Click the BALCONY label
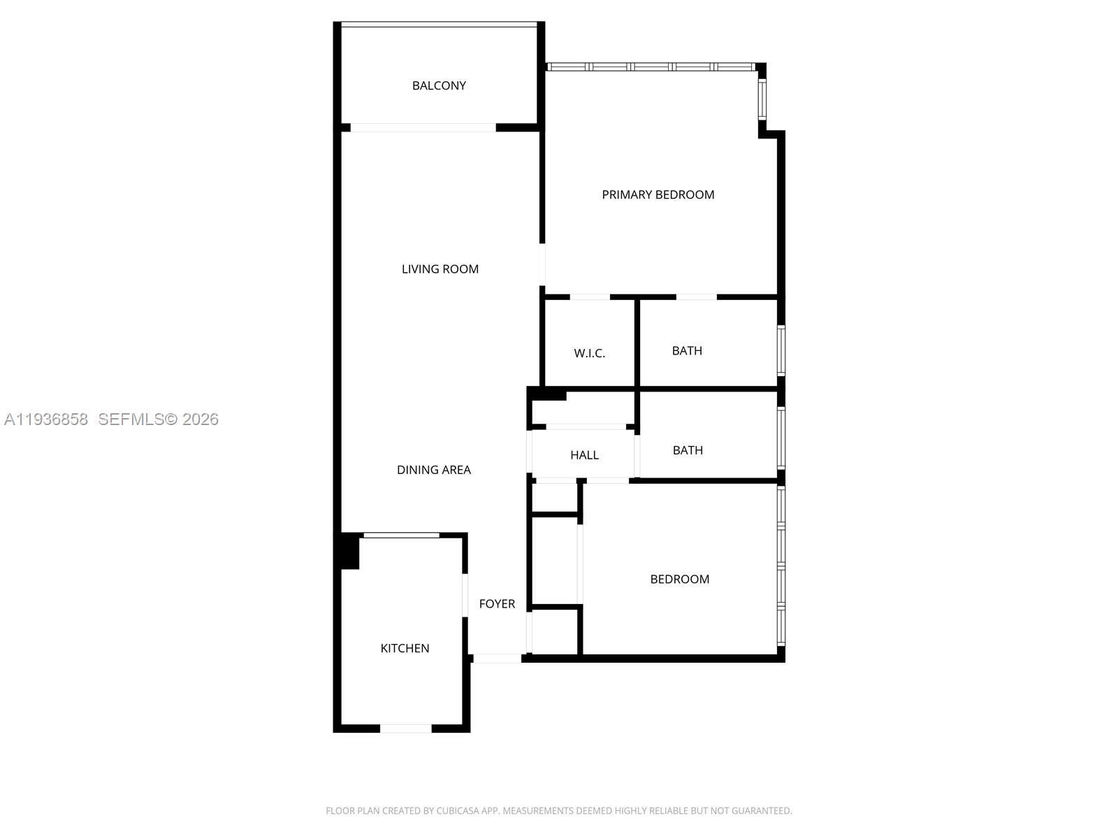pyautogui.click(x=439, y=85)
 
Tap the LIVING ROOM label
pyautogui.click(x=440, y=268)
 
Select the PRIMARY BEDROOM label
pyautogui.click(x=658, y=194)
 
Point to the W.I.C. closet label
pyautogui.click(x=589, y=353)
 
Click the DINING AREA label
pyautogui.click(x=434, y=470)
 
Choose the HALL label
pyautogui.click(x=584, y=455)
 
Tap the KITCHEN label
pyautogui.click(x=405, y=648)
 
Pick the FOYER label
pyautogui.click(x=497, y=603)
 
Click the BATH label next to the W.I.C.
pyautogui.click(x=687, y=350)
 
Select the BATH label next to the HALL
pyautogui.click(x=688, y=450)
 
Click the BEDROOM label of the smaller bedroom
pyautogui.click(x=679, y=579)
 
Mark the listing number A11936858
pyautogui.click(x=46, y=419)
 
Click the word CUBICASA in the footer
pyautogui.click(x=456, y=811)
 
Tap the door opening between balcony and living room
pyautogui.click(x=423, y=128)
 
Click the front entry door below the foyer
pyautogui.click(x=498, y=659)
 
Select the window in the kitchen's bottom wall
pyautogui.click(x=405, y=729)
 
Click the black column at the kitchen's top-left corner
pyautogui.click(x=349, y=551)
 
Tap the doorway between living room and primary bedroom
pyautogui.click(x=542, y=264)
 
